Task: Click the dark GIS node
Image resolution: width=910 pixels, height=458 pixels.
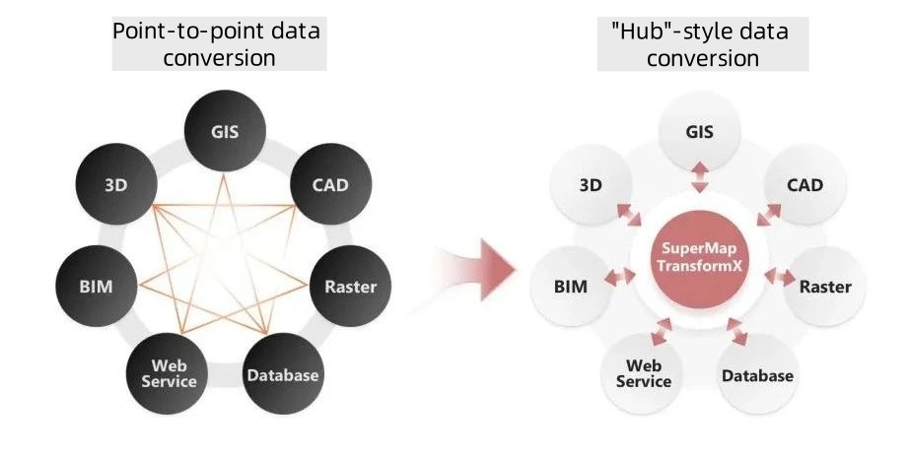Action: point(225,131)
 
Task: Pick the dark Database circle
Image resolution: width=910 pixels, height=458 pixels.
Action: point(283,374)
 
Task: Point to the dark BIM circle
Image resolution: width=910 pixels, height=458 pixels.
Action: point(97,287)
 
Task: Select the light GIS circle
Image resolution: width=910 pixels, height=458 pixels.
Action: point(699,131)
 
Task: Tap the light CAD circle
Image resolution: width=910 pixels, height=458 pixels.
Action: point(805,183)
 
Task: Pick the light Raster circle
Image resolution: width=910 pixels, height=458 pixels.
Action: point(825,287)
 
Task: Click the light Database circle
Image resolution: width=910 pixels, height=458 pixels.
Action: point(757,374)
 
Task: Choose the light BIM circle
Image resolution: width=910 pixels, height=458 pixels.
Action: point(571,287)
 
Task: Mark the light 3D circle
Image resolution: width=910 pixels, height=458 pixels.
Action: point(592,183)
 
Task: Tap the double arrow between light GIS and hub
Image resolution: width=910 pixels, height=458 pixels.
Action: point(699,178)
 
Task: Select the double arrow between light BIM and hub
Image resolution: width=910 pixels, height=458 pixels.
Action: point(622,279)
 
